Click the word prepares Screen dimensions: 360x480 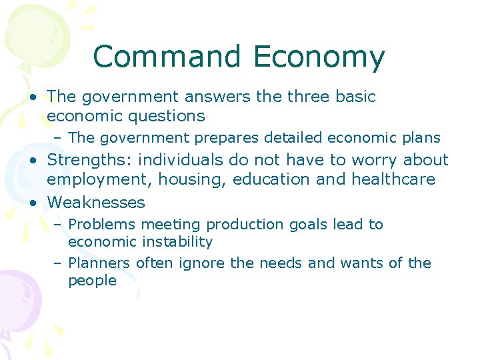pos(227,138)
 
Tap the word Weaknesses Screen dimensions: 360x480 pos(96,202)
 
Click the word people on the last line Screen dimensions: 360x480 pos(92,281)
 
